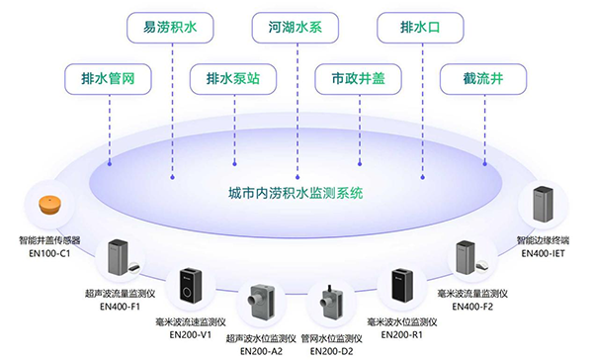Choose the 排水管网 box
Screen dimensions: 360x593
point(108,77)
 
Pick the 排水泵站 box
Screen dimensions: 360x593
point(233,77)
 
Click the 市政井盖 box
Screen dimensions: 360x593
point(358,77)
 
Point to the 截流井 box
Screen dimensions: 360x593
point(483,77)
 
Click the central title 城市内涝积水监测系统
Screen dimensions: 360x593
point(296,192)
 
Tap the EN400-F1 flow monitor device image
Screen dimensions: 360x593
point(123,257)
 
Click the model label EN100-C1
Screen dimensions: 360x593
point(48,252)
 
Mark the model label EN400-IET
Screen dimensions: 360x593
point(547,253)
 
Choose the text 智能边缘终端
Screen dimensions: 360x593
point(547,240)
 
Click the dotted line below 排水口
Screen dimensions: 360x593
point(420,99)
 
